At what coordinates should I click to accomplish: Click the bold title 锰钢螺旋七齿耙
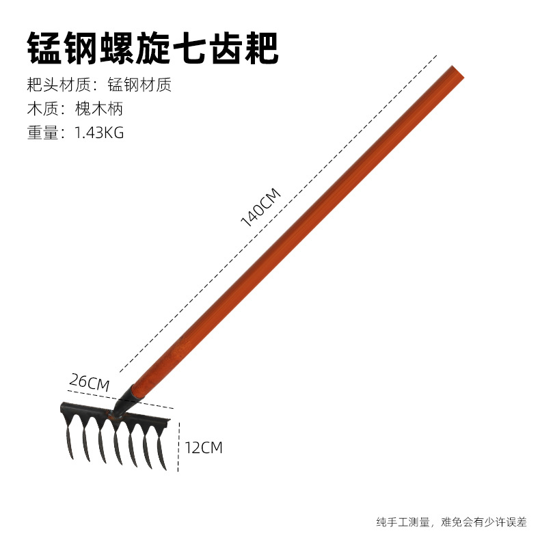tap(152, 48)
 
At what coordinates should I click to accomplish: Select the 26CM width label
tap(89, 381)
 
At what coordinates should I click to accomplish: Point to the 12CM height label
tap(204, 448)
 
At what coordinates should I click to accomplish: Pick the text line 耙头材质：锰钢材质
tap(98, 85)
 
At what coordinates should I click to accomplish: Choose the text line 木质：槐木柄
tap(75, 108)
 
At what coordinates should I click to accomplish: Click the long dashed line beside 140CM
tap(287, 205)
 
